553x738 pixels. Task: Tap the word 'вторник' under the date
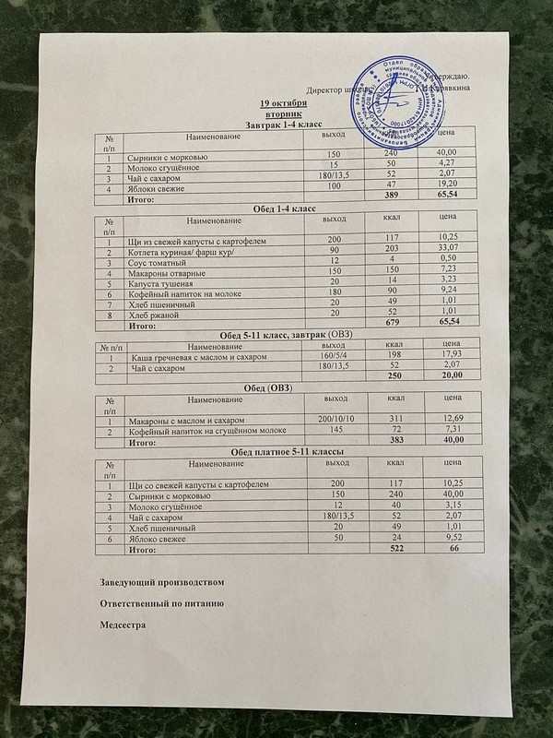(x=284, y=112)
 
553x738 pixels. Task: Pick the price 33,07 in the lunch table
(x=445, y=250)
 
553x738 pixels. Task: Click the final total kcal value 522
(x=394, y=550)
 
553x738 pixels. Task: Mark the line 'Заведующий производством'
(x=160, y=583)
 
